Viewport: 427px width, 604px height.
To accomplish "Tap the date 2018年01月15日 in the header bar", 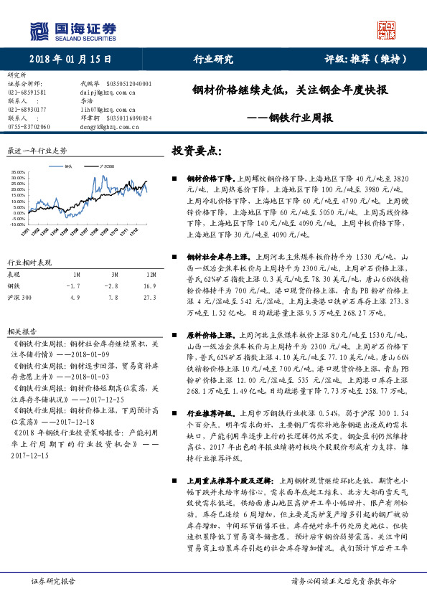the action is tap(62, 59).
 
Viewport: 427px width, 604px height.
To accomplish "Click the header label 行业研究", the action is tap(213, 59).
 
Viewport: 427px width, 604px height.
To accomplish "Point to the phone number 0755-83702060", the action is tap(29, 126).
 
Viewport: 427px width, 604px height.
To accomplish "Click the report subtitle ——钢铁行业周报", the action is tap(290, 118).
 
